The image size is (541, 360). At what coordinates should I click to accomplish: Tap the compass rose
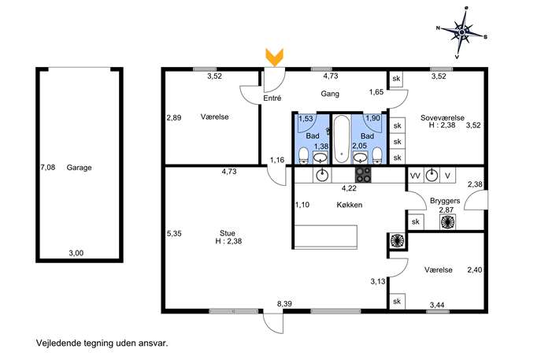(462, 32)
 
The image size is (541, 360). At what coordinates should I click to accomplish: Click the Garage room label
(79, 168)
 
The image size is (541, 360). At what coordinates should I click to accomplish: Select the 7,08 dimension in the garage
(47, 168)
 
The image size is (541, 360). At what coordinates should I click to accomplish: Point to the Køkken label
(350, 205)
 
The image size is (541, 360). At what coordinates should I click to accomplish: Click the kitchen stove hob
(363, 175)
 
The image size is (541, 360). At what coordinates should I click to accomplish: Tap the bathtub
(342, 139)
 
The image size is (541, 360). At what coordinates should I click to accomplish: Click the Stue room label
(228, 233)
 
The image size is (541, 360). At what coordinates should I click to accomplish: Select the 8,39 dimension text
(284, 304)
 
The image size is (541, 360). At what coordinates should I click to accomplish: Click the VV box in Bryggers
(415, 176)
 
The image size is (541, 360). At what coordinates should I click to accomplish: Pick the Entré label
(272, 98)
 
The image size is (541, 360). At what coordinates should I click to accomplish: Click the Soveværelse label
(443, 117)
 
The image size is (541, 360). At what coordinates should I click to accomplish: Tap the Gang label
(330, 94)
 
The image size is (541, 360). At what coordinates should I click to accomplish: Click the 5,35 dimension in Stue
(174, 233)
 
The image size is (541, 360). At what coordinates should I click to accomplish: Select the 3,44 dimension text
(437, 305)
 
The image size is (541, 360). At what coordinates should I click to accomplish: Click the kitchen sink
(322, 175)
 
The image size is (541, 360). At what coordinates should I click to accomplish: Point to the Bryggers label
(445, 201)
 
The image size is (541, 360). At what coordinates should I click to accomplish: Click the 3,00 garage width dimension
(76, 253)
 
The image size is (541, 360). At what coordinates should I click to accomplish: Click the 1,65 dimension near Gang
(376, 92)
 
